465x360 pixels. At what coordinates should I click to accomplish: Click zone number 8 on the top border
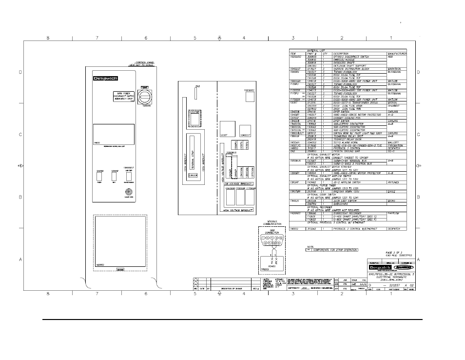tap(48, 38)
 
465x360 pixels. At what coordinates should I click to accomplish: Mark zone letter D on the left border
tap(20, 72)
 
